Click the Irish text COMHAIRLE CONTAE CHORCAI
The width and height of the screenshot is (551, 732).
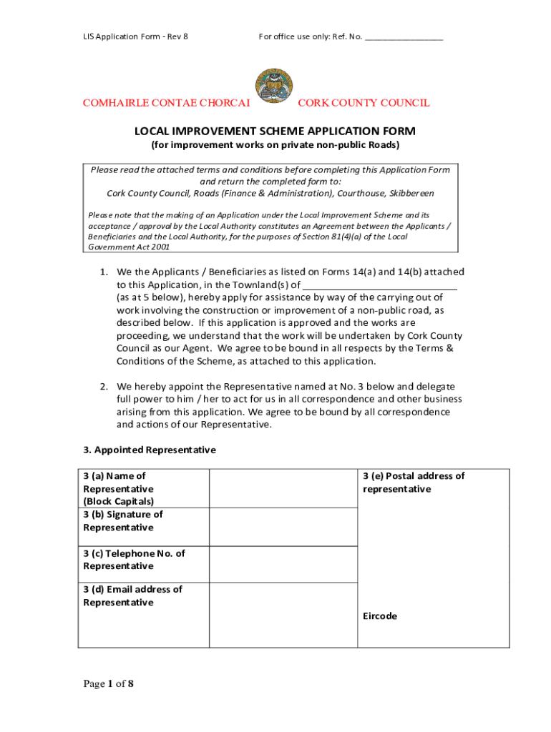166,103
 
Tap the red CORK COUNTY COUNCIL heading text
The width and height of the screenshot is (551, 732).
364,103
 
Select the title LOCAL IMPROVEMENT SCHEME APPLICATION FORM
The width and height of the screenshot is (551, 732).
275,132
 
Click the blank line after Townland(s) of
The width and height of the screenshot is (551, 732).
380,285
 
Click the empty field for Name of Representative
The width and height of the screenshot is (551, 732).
283,488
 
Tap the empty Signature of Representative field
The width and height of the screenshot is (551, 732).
283,527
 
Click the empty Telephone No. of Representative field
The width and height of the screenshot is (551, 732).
283,564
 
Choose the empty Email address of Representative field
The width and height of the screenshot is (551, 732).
283,615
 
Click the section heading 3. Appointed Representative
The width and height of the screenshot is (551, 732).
150,450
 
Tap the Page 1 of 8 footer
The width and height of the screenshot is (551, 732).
109,684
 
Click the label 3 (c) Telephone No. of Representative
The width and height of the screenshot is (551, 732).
134,560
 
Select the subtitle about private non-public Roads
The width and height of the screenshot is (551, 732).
275,145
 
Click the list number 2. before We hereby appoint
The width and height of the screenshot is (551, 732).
104,387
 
